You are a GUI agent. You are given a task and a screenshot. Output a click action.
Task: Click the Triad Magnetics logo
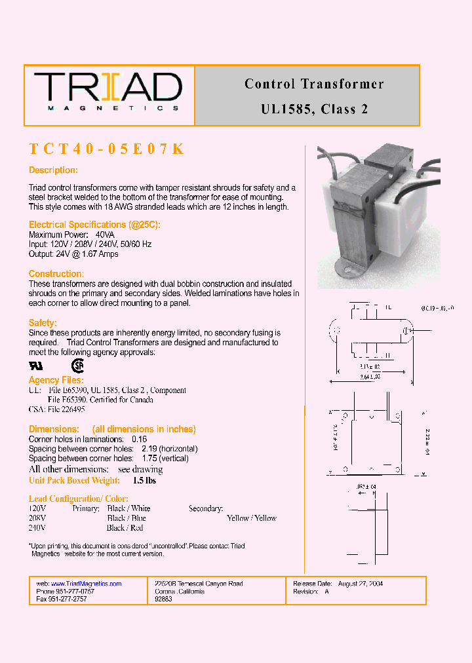108,92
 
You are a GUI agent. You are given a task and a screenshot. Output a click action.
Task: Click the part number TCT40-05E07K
106,149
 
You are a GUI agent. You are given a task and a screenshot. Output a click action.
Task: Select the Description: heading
53,170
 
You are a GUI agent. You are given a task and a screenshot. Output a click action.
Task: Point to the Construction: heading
56,274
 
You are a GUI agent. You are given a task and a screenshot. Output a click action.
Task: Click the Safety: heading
43,323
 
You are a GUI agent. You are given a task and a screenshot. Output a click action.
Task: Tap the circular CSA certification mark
78,366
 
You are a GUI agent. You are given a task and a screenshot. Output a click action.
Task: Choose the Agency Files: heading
56,380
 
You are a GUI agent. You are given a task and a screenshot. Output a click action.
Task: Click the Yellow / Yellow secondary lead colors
252,518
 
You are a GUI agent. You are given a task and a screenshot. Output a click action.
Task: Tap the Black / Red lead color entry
125,527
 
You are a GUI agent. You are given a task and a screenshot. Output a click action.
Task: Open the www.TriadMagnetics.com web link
86,583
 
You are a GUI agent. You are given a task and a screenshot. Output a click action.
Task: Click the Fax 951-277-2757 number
62,599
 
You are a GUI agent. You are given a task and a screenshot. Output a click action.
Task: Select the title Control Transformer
314,84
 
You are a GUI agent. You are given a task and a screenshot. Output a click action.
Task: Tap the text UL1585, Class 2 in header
314,109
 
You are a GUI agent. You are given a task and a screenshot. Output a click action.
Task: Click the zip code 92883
163,599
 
